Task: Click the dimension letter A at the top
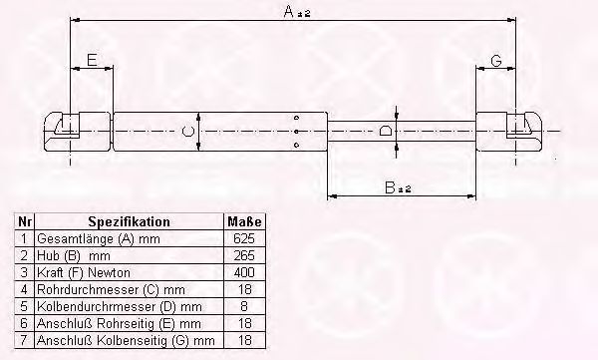tap(289, 12)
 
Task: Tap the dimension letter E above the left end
tap(93, 60)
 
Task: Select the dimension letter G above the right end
tap(496, 61)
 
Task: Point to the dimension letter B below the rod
tap(390, 187)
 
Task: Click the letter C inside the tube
tap(187, 132)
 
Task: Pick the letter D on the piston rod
tap(385, 131)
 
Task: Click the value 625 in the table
tap(244, 238)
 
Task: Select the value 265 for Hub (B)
tap(244, 255)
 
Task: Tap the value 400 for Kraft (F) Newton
tap(244, 272)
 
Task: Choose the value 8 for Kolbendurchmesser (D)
tap(244, 306)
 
